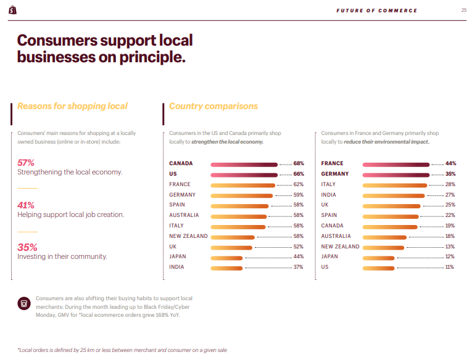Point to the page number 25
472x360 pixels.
[x=463, y=10]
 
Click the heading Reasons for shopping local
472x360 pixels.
[x=72, y=106]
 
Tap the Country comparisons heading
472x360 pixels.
[x=213, y=106]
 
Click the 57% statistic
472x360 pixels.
[x=26, y=163]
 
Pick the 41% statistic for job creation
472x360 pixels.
[x=26, y=205]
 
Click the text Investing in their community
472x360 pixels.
[x=62, y=256]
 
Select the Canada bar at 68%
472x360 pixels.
[x=244, y=164]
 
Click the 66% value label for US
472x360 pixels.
[x=299, y=174]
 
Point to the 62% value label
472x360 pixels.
[x=299, y=185]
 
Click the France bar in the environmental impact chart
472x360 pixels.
[x=396, y=164]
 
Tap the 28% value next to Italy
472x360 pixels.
[x=450, y=185]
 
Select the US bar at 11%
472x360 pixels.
[x=379, y=268]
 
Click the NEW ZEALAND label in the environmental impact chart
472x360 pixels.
[x=340, y=247]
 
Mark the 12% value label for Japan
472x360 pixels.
[x=450, y=257]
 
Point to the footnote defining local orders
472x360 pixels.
[x=122, y=350]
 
